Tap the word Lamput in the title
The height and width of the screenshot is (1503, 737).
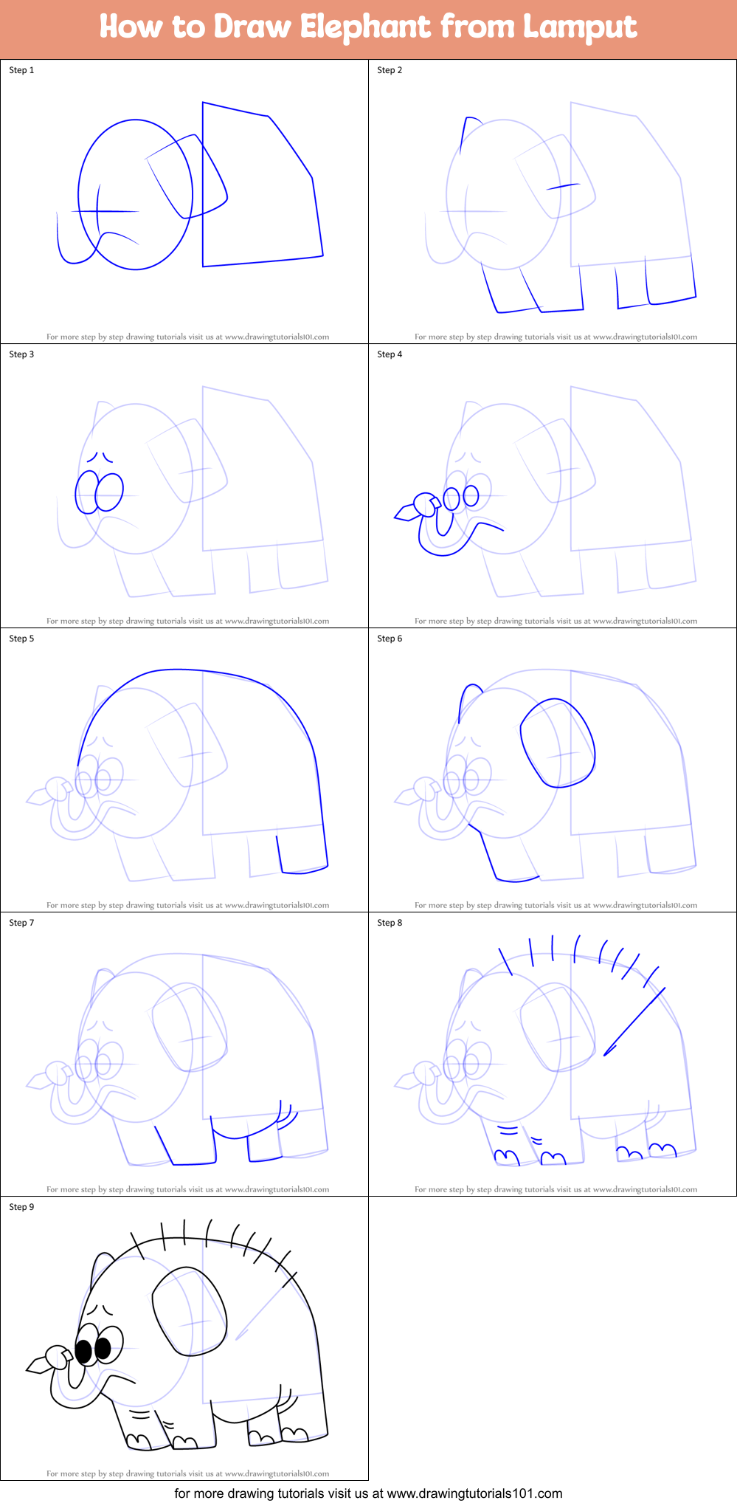click(x=580, y=27)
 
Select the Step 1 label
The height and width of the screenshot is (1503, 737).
click(x=21, y=70)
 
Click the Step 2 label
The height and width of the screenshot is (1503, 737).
click(x=390, y=70)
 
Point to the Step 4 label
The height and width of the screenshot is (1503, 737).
click(x=390, y=354)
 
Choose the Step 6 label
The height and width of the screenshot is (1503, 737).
click(x=390, y=639)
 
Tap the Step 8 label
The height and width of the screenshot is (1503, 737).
click(x=390, y=923)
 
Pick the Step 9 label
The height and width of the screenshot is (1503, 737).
click(x=21, y=1207)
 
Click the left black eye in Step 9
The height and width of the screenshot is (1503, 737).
click(x=84, y=1352)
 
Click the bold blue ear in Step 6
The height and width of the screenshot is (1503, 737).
click(x=557, y=743)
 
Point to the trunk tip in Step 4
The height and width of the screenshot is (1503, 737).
click(x=404, y=513)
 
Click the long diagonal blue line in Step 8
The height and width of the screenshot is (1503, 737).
click(x=634, y=1022)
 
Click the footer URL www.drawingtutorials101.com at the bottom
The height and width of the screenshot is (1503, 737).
click(x=474, y=1493)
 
